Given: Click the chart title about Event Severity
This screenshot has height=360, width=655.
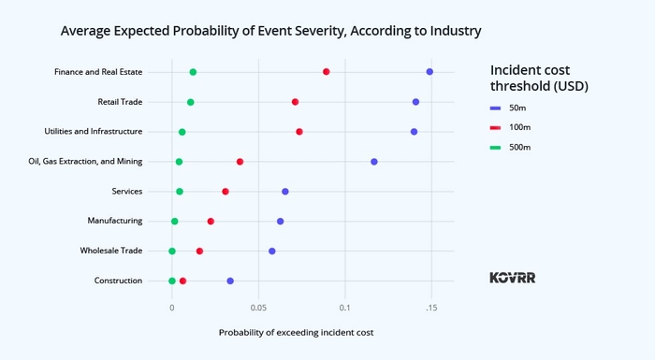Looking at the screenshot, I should pos(270,31).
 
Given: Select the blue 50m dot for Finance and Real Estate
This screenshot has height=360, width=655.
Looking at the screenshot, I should pos(429,72).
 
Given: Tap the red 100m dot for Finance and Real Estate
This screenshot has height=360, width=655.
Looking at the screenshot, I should pos(327,72).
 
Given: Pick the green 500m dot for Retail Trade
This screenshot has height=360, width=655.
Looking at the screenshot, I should pos(191,102).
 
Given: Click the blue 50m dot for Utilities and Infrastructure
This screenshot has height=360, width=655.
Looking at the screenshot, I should pos(415,132).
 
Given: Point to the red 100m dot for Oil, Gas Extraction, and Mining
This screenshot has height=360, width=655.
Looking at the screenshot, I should pos(240,162).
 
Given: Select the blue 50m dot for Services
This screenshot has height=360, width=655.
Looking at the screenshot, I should pos(285,192).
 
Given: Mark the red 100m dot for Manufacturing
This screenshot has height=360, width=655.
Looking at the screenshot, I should pos(211,222).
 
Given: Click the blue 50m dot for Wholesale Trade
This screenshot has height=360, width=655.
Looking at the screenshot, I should pos(272,252).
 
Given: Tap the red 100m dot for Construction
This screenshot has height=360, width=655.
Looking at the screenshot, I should pos(183,281).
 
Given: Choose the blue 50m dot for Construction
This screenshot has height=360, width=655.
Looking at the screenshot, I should pos(230,281).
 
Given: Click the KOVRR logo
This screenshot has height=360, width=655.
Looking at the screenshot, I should pos(513,278).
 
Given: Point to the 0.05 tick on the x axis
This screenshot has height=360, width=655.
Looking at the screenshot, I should pos(258,307).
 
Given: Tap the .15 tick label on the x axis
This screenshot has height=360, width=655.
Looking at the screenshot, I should pos(430,307).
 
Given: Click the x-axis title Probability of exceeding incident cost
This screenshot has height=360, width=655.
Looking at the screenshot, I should pos(296,332).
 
